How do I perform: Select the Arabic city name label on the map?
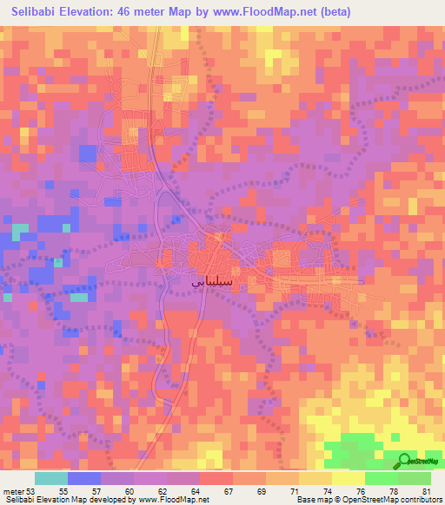click(211, 280)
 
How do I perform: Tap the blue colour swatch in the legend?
click(84, 478)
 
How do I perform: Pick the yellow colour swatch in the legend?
click(348, 478)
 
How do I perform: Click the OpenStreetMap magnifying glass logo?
click(406, 461)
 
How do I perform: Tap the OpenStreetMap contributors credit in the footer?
click(392, 499)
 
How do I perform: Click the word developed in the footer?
click(99, 499)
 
